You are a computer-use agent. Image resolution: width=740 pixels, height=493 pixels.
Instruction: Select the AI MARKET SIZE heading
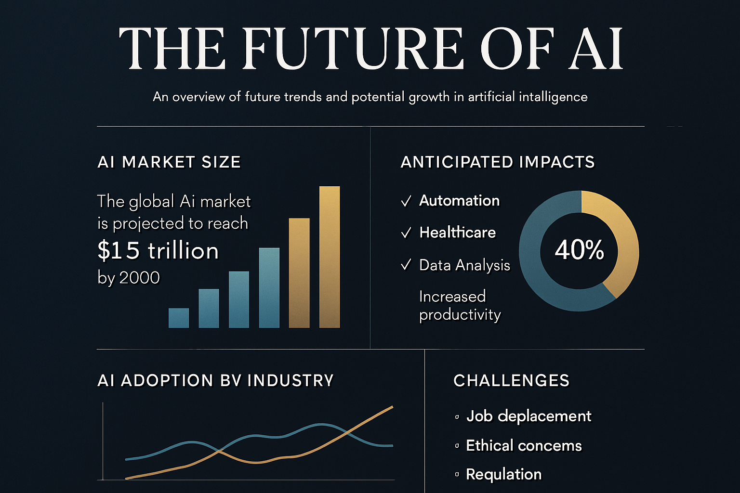point(169,162)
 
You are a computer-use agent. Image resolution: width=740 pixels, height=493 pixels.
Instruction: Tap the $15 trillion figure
point(158,250)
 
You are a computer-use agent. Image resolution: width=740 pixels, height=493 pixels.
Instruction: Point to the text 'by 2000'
point(129,277)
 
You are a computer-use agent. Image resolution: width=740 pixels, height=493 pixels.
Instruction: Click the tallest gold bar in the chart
point(330,257)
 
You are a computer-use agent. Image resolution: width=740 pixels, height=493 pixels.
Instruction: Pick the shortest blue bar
point(179,318)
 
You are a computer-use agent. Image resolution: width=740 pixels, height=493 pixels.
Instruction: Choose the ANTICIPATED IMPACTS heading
point(498,162)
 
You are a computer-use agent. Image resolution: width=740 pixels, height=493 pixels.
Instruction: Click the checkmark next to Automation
point(406,201)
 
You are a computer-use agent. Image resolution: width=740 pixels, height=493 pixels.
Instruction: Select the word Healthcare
point(458,233)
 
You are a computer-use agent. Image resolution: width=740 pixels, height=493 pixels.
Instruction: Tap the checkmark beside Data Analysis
point(406,265)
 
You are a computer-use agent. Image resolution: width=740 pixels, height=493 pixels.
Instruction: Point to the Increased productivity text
point(460,305)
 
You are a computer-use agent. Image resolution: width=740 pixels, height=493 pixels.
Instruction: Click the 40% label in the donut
point(580,250)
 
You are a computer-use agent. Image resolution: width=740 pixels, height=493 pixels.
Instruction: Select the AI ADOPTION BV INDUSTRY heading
point(216,380)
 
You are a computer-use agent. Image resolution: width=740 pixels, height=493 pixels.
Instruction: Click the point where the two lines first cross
point(218,451)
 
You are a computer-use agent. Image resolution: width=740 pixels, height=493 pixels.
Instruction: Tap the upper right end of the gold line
point(393,407)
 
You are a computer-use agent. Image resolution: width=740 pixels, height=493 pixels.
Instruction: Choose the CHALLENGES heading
point(511,380)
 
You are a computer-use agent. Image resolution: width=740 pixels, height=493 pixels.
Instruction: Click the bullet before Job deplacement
point(457,417)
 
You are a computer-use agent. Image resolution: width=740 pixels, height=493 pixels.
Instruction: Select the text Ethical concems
point(524,445)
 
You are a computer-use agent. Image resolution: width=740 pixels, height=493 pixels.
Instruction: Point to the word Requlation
point(504,475)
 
